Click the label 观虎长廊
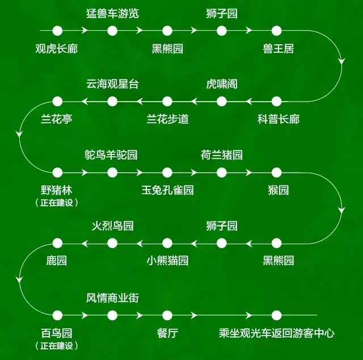(56, 48)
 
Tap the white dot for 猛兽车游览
(112, 30)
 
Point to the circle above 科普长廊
(277, 102)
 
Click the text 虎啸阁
(222, 84)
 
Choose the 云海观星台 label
(112, 84)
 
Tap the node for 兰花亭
(57, 102)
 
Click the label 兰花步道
(167, 119)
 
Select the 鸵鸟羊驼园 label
(111, 155)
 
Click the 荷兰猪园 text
(222, 155)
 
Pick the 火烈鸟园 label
(112, 225)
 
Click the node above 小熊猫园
(167, 244)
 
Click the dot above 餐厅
(167, 315)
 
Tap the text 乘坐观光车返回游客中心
(277, 333)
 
